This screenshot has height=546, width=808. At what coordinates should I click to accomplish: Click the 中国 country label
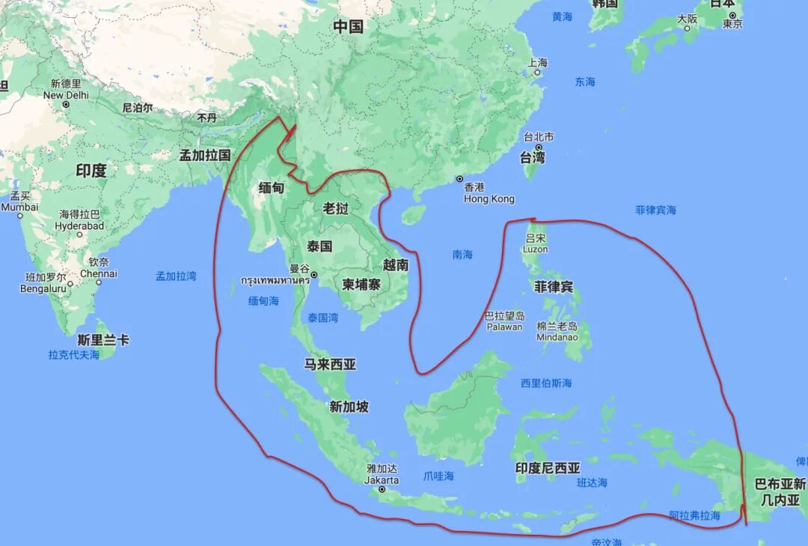pos(348,27)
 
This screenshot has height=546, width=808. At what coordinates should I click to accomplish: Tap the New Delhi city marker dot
pos(66,105)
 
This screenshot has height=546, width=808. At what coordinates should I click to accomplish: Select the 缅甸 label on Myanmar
pos(271,188)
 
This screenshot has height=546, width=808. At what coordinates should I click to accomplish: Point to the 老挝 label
pos(336,208)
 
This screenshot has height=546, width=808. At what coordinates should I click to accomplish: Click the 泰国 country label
pos(319,246)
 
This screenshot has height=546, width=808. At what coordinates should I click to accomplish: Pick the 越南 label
pos(396,264)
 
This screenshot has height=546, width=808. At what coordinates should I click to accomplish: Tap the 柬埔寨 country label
pos(362,285)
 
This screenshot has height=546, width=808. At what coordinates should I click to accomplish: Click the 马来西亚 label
pos(330,365)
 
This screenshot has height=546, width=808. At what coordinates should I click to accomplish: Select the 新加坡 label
pos(349,407)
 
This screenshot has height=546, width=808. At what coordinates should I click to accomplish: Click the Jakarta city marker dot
pos(382,490)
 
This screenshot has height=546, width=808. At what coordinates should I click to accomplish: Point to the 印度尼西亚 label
pos(548,468)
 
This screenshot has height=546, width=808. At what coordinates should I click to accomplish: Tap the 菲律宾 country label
pos(554,287)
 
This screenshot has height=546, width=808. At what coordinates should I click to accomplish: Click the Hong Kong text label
pos(489,199)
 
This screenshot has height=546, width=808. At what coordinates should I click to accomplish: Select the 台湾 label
pos(533,157)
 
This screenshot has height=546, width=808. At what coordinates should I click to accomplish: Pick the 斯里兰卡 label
pos(103,340)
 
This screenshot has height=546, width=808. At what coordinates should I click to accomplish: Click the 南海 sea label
pos(462,255)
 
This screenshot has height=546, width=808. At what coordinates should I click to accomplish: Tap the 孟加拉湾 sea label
pos(176,276)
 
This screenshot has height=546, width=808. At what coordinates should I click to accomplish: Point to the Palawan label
pos(504,327)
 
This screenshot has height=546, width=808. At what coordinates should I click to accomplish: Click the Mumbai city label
pos(19,207)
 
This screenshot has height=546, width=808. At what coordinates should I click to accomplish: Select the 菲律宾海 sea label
pos(655,210)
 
